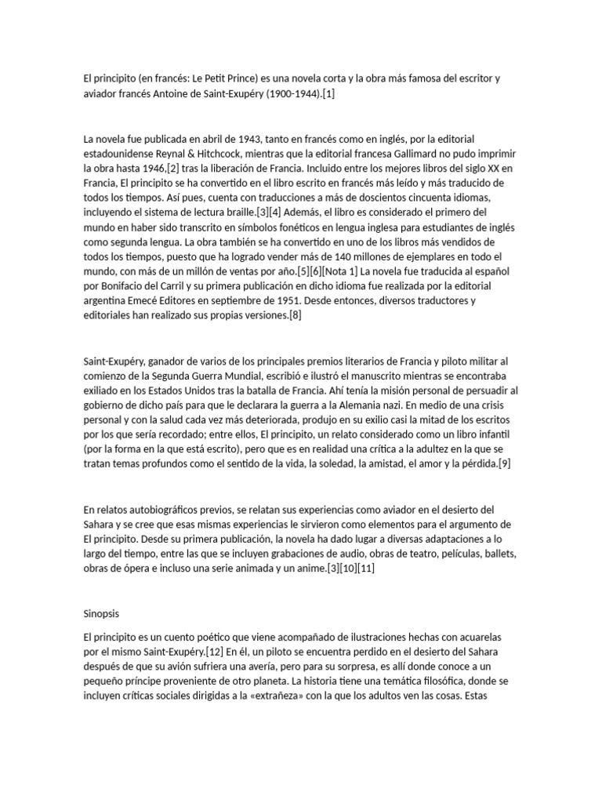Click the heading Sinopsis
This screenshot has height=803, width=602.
[x=101, y=613]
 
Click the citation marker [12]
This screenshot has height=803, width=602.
[x=215, y=653]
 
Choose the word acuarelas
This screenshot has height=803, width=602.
[x=494, y=638]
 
